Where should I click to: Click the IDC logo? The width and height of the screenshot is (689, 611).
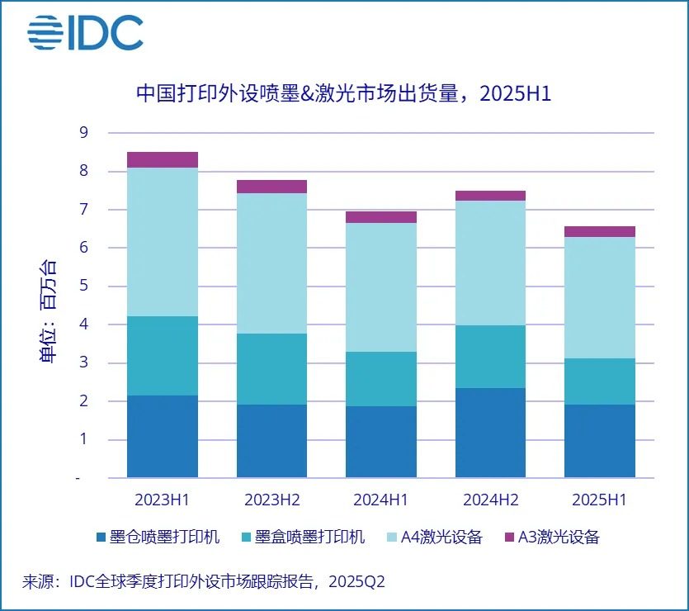(85, 32)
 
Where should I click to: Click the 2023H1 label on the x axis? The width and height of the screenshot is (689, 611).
(163, 500)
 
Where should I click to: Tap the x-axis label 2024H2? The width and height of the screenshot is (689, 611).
(490, 500)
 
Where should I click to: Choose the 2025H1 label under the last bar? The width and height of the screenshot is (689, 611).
(600, 500)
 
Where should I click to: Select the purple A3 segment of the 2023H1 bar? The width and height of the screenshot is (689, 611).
(163, 159)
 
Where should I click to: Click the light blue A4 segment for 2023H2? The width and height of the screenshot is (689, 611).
(271, 263)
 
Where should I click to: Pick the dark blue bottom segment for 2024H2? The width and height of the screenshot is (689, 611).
(490, 433)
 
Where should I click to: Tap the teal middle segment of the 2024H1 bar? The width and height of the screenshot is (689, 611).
(381, 379)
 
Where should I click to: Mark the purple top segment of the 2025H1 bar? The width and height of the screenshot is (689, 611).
(600, 231)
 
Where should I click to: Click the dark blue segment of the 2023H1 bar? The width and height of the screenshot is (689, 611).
(163, 436)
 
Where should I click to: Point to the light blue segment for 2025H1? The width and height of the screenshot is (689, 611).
(600, 297)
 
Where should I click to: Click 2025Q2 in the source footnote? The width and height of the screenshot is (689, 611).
(356, 581)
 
